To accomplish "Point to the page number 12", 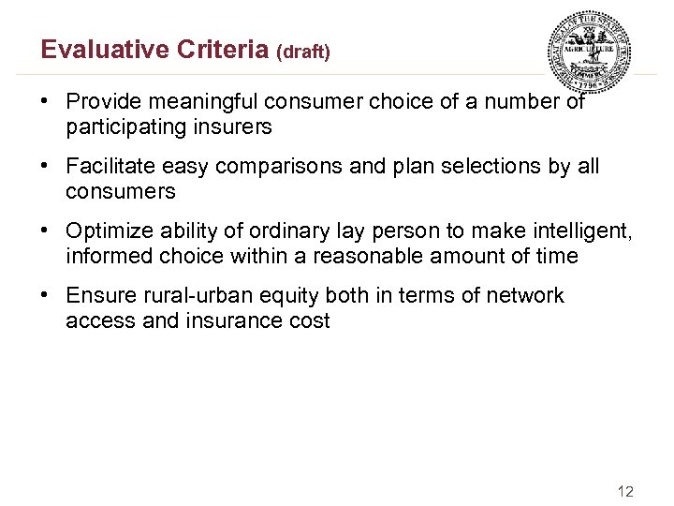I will pyautogui.click(x=626, y=491).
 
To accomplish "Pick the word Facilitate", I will pyautogui.click(x=110, y=167).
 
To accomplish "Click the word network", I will pyautogui.click(x=523, y=296).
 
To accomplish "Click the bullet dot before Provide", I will pyautogui.click(x=47, y=102).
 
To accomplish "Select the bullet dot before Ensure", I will pyautogui.click(x=47, y=296).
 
